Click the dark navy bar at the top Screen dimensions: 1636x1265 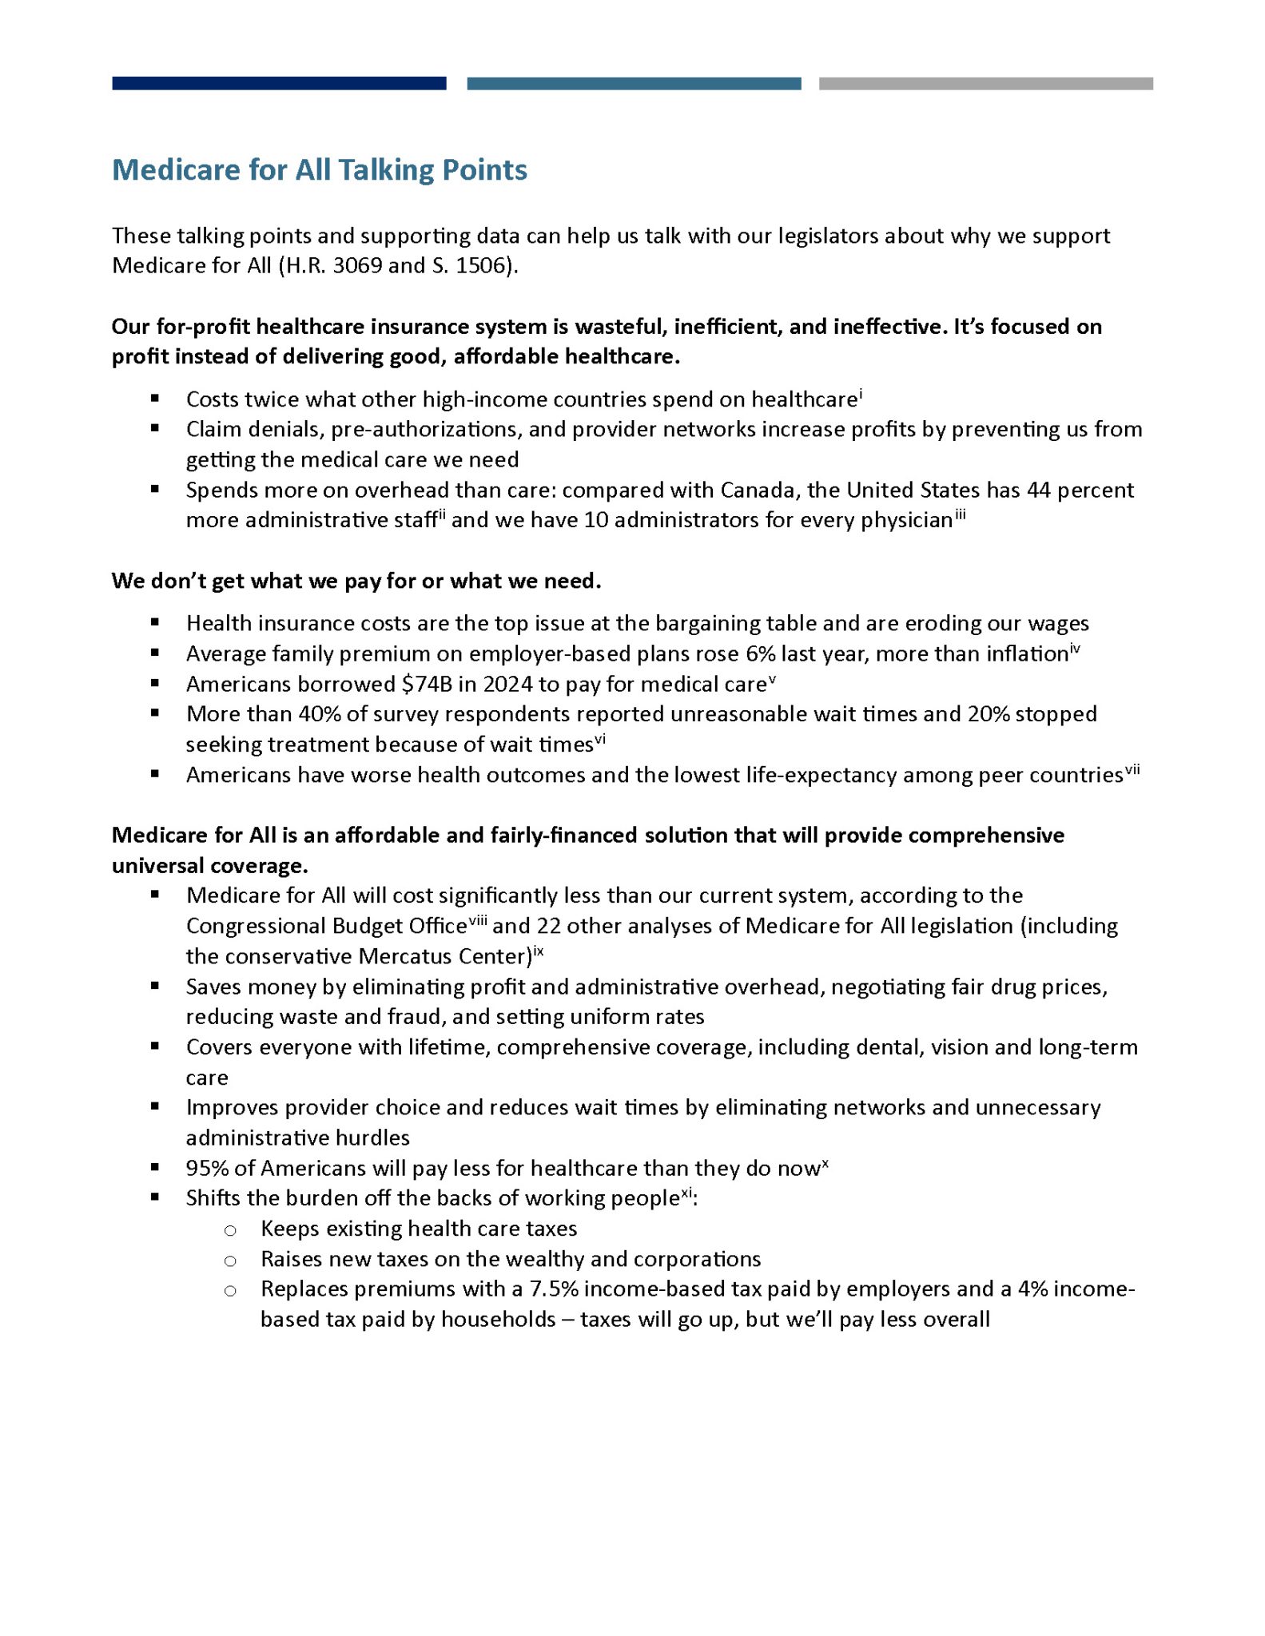point(279,83)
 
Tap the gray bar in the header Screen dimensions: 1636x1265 point(985,83)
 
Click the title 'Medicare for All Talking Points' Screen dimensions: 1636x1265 point(320,170)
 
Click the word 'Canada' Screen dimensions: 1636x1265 point(756,490)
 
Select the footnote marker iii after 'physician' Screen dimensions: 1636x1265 point(960,515)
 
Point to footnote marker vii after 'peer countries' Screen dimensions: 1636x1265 point(1132,770)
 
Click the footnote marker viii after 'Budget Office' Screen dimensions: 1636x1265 point(478,920)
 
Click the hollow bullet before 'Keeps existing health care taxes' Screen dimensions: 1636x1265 point(230,1230)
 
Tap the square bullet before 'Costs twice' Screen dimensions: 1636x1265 point(154,398)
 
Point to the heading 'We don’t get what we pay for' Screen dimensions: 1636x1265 point(356,581)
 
